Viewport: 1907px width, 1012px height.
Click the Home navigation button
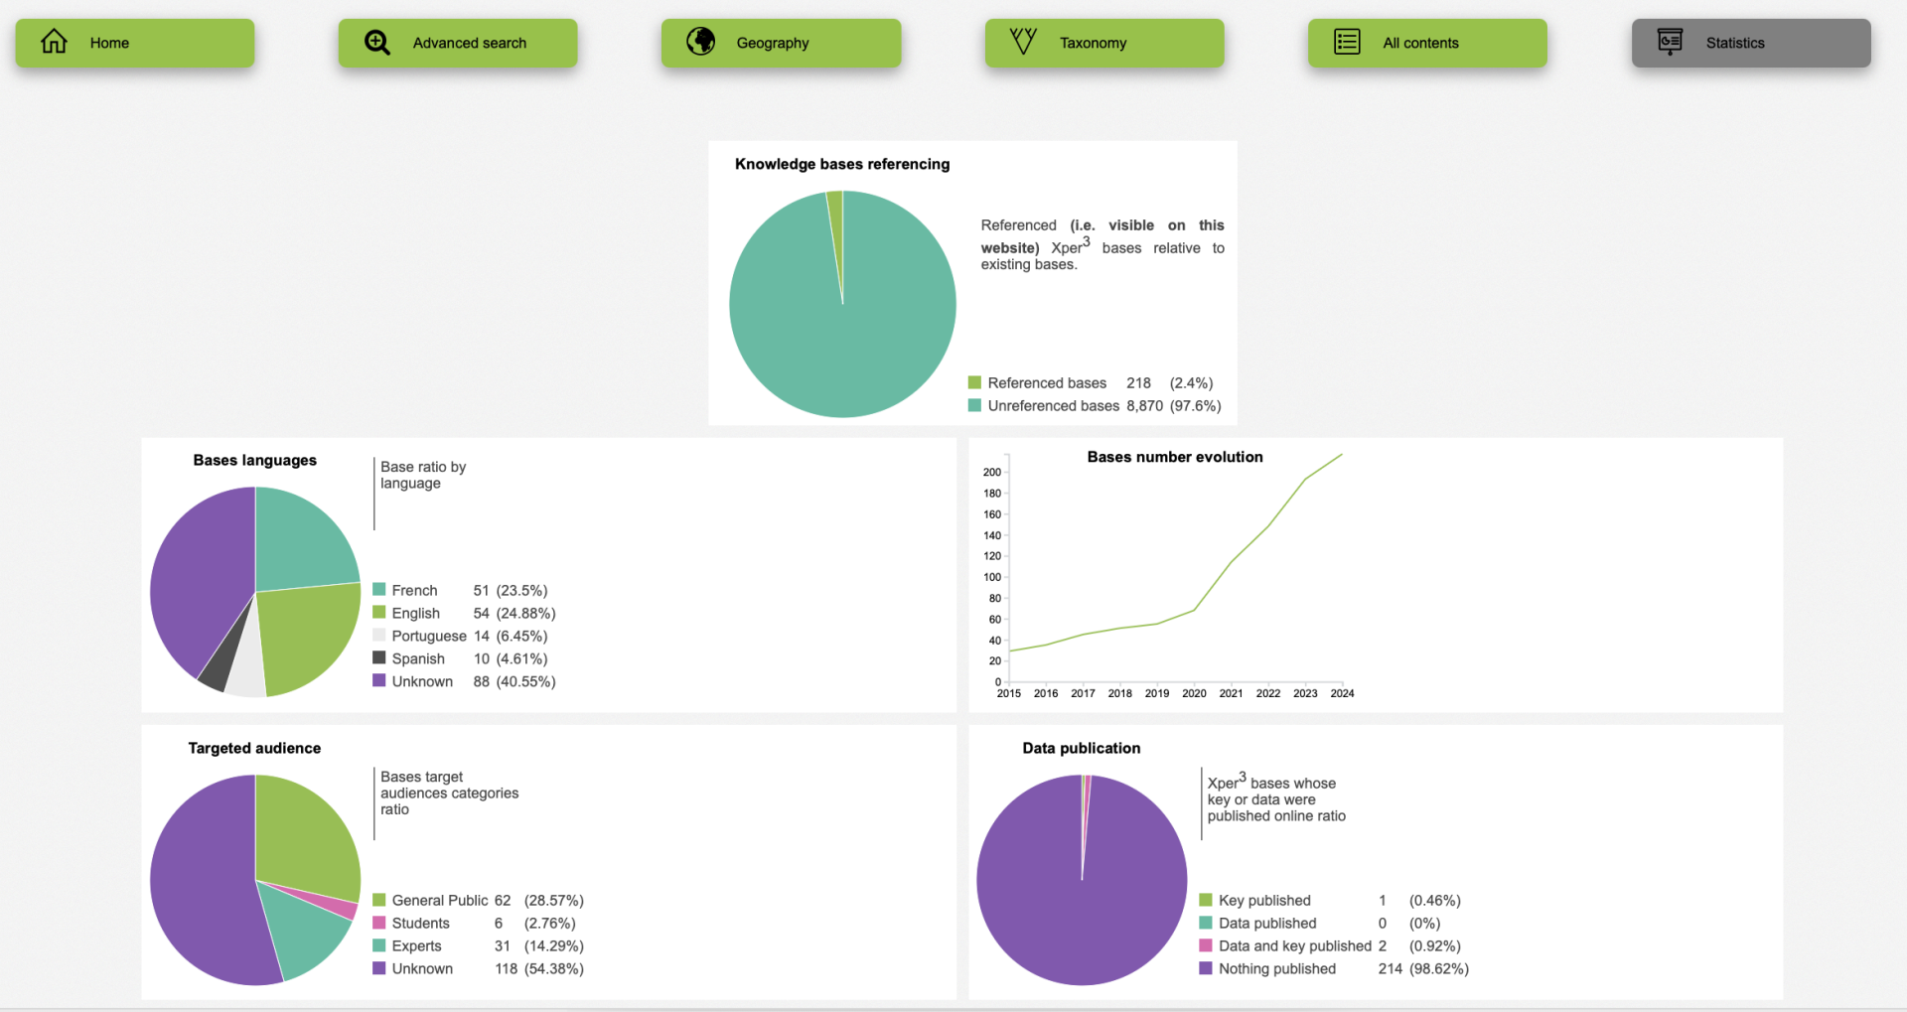(134, 43)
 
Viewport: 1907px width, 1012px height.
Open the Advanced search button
(457, 43)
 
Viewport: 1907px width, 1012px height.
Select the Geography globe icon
(701, 42)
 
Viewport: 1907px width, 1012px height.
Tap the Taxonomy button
(1103, 43)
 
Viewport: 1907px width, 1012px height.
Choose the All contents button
(1426, 43)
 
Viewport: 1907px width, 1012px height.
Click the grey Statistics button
(1750, 43)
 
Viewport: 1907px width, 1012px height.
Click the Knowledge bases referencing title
(841, 164)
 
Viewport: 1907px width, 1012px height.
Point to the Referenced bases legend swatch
(974, 382)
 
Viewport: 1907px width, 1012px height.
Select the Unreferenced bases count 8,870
(1144, 405)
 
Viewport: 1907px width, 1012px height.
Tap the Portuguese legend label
(428, 636)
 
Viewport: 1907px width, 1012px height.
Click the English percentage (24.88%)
(525, 613)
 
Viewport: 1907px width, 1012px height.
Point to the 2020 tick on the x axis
(1194, 693)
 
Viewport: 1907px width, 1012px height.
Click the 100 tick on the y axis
(992, 577)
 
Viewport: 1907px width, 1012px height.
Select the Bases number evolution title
(1174, 457)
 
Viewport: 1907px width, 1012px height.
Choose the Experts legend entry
(416, 945)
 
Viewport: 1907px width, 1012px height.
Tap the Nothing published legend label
(1276, 968)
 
